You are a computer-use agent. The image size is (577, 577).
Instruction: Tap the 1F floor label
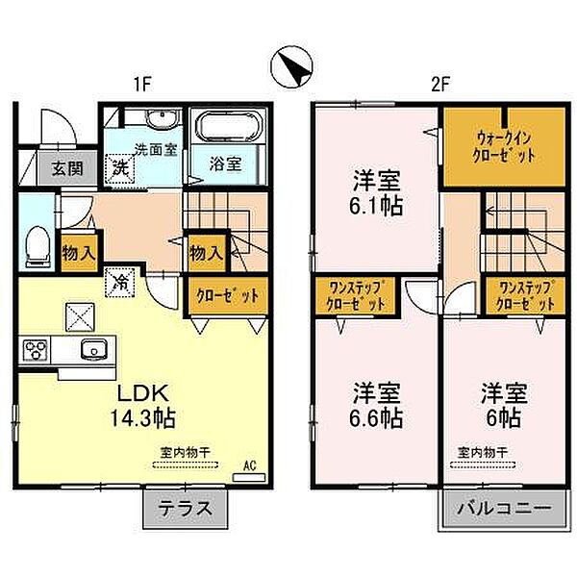point(141,85)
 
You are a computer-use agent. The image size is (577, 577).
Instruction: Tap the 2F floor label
point(440,85)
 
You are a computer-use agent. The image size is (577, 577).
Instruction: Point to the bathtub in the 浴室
point(226,127)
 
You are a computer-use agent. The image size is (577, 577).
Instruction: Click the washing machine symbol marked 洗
point(122,166)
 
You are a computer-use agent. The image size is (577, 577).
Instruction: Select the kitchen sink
point(94,348)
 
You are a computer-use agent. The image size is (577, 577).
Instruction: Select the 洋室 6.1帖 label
point(376,192)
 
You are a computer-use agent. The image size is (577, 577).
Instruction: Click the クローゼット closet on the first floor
point(228,295)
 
